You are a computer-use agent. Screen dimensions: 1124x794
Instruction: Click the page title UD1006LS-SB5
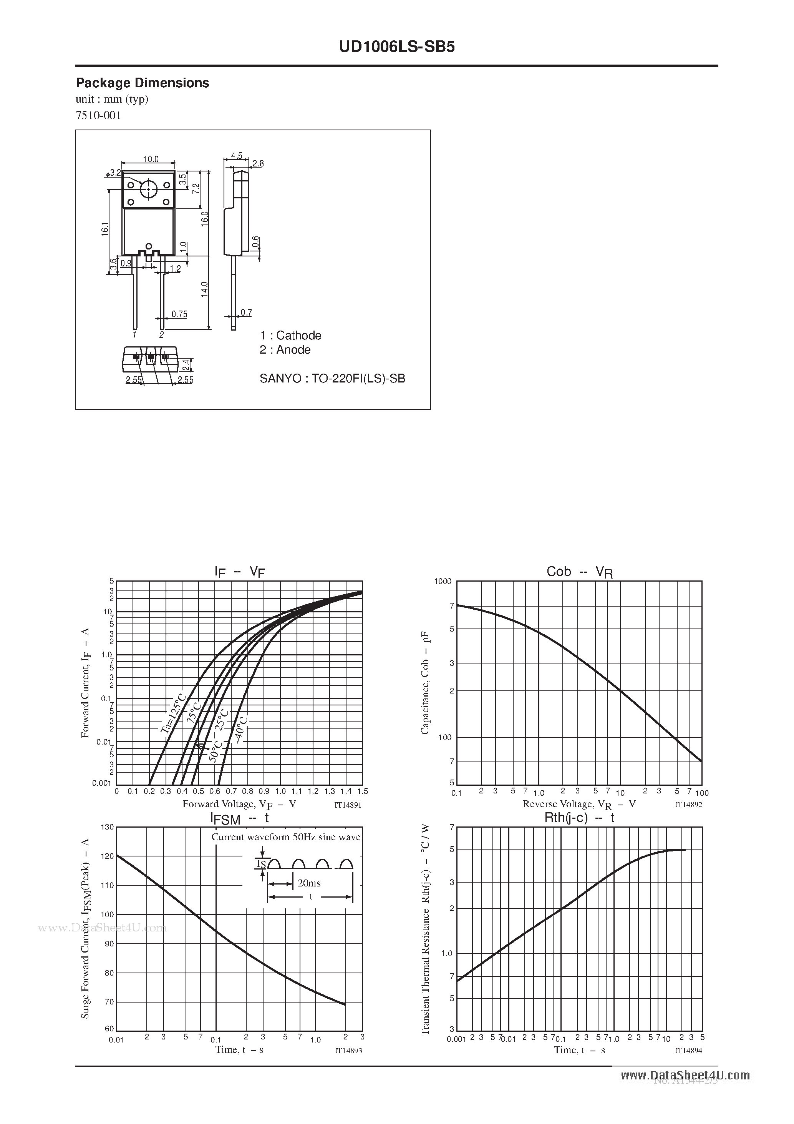(397, 47)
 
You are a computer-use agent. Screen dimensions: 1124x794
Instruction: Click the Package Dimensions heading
(143, 83)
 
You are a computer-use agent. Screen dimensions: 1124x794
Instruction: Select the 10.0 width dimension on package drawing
(151, 159)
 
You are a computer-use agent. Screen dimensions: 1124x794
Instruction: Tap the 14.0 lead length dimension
(204, 289)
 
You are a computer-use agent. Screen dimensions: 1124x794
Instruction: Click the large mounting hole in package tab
(148, 189)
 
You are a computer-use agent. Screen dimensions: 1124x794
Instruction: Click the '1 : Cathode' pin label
(290, 335)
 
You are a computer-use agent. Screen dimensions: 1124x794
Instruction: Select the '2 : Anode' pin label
(285, 349)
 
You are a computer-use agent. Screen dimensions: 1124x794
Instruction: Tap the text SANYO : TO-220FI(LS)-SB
(332, 378)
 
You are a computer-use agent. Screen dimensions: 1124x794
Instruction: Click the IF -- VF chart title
(240, 571)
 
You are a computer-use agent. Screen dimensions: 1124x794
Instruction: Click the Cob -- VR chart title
(579, 572)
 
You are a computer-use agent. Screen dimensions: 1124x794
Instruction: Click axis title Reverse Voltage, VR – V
(579, 804)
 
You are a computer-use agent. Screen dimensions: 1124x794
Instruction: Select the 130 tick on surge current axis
(107, 827)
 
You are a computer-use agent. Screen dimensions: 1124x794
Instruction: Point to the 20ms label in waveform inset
(309, 883)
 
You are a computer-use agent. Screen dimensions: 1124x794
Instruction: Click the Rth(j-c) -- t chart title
(579, 818)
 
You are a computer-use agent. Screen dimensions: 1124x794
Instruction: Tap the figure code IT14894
(688, 1051)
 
